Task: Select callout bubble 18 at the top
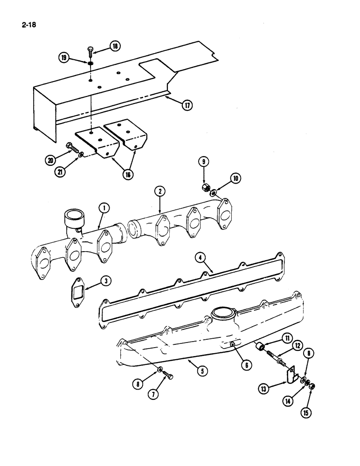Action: point(114,46)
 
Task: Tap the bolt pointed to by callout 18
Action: point(90,52)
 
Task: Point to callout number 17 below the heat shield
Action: point(187,105)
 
